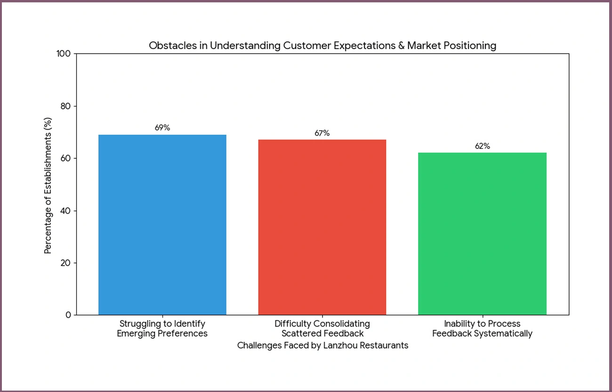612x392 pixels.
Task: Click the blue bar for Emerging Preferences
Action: coord(162,225)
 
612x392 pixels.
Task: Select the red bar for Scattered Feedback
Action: coord(322,227)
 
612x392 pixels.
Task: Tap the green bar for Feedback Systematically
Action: coord(482,234)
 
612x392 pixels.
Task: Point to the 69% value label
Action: coord(162,128)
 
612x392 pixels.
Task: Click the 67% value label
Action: coord(322,133)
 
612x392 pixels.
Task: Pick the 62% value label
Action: coord(482,146)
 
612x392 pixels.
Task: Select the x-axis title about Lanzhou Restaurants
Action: coord(322,345)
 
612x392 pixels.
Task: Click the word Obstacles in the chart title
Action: coord(170,46)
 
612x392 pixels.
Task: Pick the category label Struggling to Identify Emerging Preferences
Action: coord(162,328)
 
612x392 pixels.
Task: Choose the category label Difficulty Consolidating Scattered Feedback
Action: coord(322,328)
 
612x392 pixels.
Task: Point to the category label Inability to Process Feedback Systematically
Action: coord(482,328)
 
